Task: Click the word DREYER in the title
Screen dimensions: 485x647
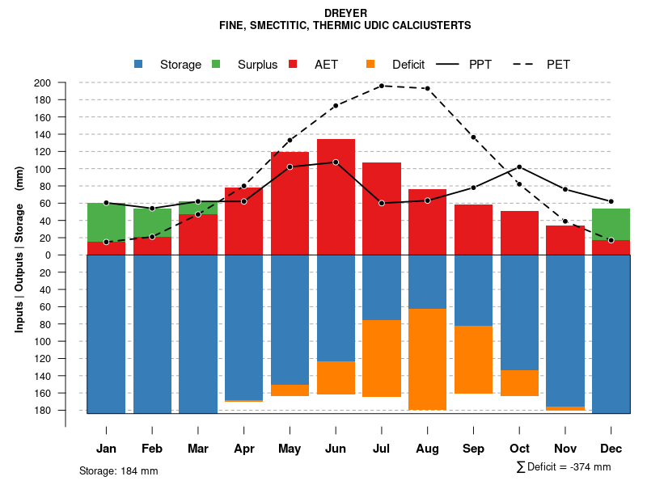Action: pos(345,14)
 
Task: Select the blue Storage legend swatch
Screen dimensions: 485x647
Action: pos(139,64)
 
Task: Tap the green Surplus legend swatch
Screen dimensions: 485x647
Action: pos(216,64)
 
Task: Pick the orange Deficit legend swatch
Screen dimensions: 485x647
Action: pos(370,64)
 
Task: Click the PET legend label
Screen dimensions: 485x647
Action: pos(558,65)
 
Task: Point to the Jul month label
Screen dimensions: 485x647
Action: pos(382,449)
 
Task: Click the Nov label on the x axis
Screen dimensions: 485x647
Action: pos(565,449)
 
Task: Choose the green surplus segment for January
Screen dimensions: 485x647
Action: pos(106,222)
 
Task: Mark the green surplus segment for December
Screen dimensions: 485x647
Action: pos(611,224)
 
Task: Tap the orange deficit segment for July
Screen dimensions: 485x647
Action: pos(382,358)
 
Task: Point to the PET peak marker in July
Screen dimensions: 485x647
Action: pos(382,86)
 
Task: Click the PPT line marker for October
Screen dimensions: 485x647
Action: pos(519,167)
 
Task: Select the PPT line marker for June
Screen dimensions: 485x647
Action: pos(336,162)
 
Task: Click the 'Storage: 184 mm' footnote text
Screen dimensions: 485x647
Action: pos(119,470)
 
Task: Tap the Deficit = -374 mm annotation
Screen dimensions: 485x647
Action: pos(564,467)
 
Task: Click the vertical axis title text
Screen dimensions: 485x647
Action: pos(19,255)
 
